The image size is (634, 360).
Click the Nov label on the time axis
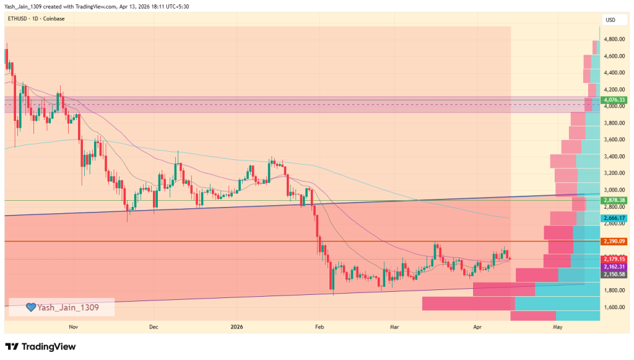click(73, 327)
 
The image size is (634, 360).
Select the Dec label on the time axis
click(154, 327)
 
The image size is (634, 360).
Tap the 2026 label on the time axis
click(237, 327)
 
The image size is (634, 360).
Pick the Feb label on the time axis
click(319, 327)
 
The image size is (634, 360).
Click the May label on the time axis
click(558, 327)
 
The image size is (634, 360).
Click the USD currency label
click(610, 20)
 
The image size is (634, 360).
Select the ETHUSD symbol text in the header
click(18, 19)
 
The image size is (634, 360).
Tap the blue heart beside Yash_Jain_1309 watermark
click(30, 307)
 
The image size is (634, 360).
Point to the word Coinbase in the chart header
click(53, 19)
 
